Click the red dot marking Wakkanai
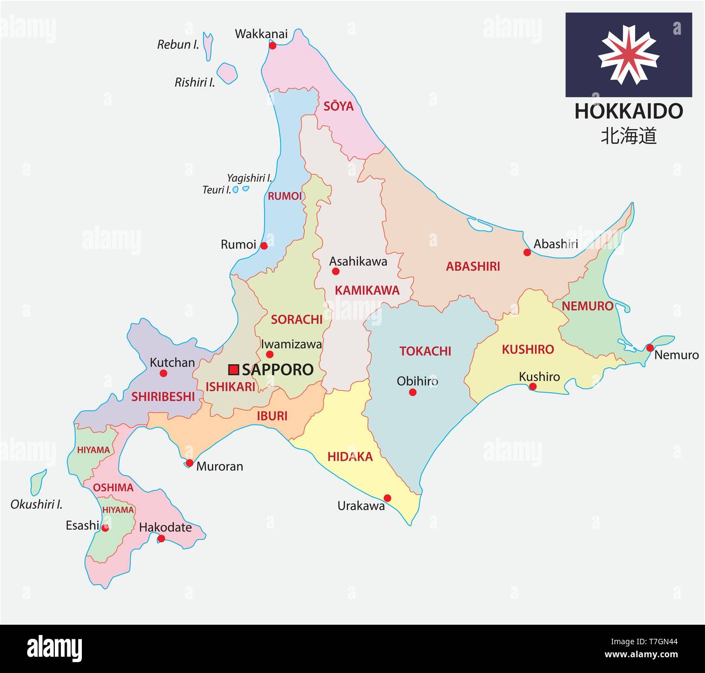coord(273,46)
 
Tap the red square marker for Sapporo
coord(234,370)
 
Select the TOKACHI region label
coord(425,351)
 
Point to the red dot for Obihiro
coord(413,392)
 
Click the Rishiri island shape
coord(228,73)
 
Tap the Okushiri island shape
coord(37,482)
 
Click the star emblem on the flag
coord(629,54)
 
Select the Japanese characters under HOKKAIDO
coord(629,136)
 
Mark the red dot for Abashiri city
coord(527,252)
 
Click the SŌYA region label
coord(338,106)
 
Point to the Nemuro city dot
coord(650,347)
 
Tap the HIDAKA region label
coord(350,457)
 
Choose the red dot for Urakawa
coord(387,498)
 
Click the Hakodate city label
coord(165,527)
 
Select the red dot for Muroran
coord(189,463)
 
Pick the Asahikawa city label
coord(358,262)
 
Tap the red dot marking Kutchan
coord(163,373)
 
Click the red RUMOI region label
coord(285,196)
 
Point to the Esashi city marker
coord(105,528)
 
